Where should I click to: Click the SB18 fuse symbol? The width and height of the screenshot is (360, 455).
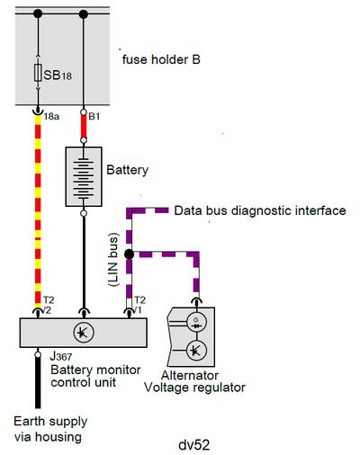click(38, 73)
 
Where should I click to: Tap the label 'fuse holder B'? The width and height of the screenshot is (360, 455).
click(161, 59)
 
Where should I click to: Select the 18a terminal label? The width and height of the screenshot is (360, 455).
click(51, 116)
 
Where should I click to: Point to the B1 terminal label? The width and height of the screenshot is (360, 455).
click(94, 116)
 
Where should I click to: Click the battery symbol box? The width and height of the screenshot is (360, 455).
click(84, 176)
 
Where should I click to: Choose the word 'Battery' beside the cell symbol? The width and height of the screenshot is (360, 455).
click(128, 170)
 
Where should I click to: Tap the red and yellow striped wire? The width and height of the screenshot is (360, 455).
click(38, 211)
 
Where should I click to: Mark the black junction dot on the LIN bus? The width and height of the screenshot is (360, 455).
click(129, 254)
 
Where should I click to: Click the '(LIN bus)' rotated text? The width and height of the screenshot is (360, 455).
click(113, 260)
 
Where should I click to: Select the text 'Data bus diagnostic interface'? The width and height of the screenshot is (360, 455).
click(260, 210)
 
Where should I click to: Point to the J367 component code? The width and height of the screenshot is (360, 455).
click(61, 356)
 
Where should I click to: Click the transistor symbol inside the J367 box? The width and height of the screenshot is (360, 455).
click(84, 333)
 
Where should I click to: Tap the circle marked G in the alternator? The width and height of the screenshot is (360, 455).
click(196, 323)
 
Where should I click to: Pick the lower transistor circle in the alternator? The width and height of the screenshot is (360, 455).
click(196, 350)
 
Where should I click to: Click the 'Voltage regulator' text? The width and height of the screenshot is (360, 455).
click(194, 388)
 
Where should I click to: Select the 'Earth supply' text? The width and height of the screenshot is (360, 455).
click(50, 422)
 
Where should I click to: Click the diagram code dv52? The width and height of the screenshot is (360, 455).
click(193, 445)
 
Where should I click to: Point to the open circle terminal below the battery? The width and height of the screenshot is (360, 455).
click(84, 213)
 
